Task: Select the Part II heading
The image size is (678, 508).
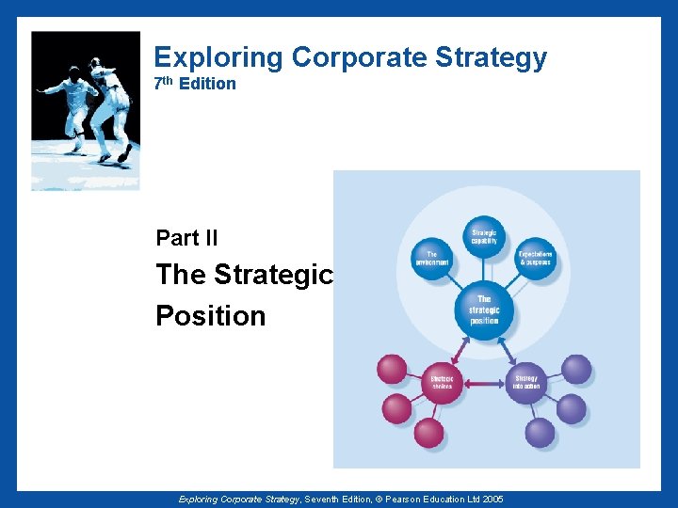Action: click(186, 238)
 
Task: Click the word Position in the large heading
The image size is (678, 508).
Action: click(211, 316)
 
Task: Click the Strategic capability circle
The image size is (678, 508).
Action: click(484, 235)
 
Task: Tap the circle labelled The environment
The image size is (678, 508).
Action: click(432, 258)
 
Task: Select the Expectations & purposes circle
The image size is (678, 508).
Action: click(536, 258)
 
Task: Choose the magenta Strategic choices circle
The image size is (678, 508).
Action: click(442, 382)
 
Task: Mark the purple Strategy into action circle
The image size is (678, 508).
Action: click(526, 382)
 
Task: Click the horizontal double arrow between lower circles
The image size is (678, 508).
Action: click(484, 383)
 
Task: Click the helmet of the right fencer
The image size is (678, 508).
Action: click(95, 63)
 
